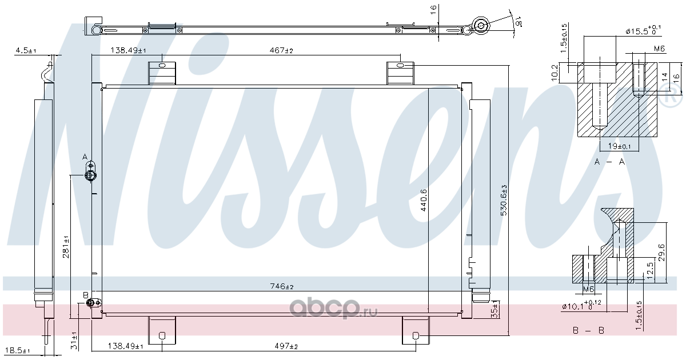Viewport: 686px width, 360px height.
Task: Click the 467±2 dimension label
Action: coord(281,50)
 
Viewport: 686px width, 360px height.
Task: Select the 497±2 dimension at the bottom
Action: coord(286,346)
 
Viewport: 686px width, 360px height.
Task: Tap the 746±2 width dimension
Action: coord(282,286)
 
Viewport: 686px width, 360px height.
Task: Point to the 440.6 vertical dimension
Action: coord(424,200)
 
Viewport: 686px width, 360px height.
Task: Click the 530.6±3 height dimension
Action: coord(504,200)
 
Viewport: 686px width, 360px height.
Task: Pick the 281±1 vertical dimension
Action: coord(66,247)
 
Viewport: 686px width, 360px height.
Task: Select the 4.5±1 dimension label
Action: coord(26,50)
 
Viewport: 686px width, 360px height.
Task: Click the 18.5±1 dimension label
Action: coord(18,350)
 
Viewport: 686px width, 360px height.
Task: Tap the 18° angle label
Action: coord(518,22)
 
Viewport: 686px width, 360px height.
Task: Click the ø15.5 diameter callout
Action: coord(643,30)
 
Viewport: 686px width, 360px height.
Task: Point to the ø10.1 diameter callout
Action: coord(581,305)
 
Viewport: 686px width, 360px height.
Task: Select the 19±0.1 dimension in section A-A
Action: coord(619,146)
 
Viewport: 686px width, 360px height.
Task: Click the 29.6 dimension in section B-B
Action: coord(661,253)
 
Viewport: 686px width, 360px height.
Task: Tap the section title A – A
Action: coord(609,162)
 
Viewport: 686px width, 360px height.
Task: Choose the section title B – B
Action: coord(588,331)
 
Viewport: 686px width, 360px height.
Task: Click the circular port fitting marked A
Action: coord(90,176)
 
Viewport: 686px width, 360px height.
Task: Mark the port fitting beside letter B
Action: coord(90,303)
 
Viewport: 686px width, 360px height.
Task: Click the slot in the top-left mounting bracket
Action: coord(162,65)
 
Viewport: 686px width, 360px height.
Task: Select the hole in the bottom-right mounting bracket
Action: coord(416,336)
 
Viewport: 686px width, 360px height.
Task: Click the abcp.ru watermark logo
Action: coord(333,307)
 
